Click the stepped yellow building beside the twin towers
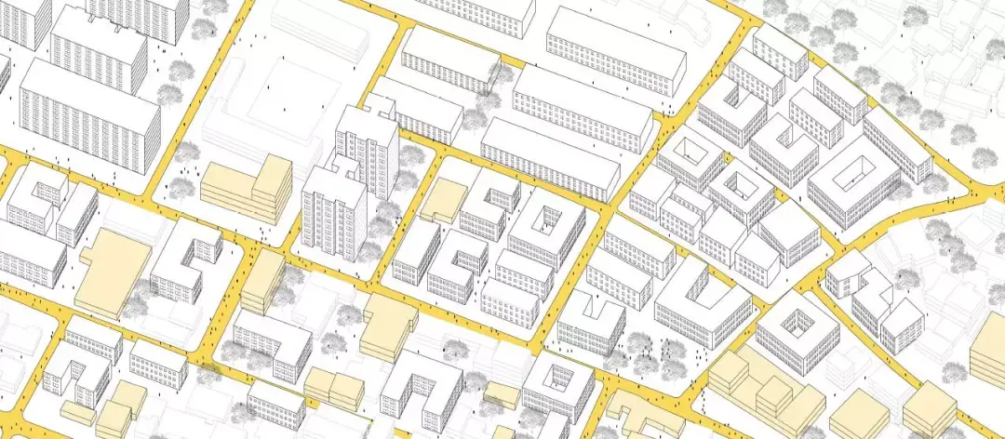click(249, 189)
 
